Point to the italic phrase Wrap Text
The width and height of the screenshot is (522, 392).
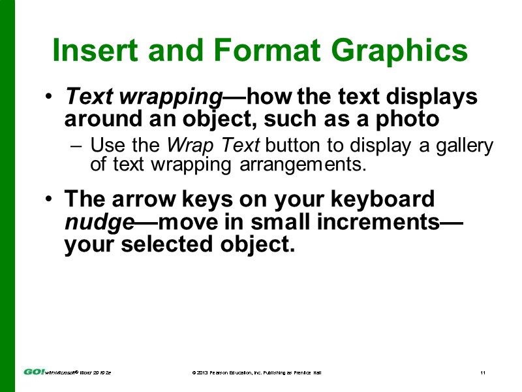[x=206, y=145]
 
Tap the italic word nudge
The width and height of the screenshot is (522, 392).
[x=99, y=221]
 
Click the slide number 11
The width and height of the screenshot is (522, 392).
[x=482, y=372]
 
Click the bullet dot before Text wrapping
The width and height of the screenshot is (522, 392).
[x=50, y=99]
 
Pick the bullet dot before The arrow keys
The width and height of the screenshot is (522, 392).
[x=50, y=200]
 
